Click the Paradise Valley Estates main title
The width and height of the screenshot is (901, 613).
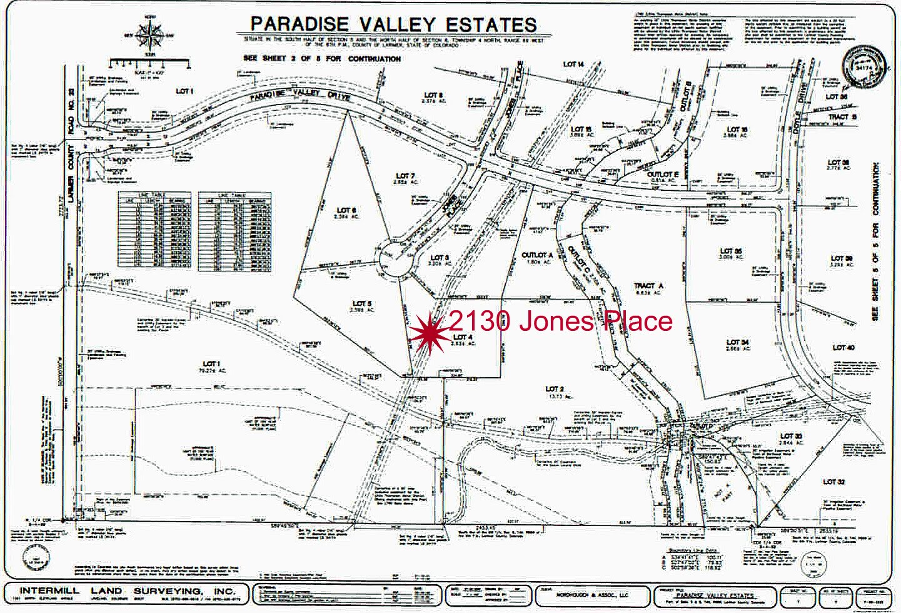pos(393,24)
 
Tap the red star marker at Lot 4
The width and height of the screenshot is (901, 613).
pos(430,332)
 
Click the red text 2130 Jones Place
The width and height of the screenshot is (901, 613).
pos(560,322)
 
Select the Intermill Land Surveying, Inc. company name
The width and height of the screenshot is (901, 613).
pos(127,591)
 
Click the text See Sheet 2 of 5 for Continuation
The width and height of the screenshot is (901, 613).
pos(322,59)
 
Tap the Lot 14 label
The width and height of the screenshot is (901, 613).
pos(573,64)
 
